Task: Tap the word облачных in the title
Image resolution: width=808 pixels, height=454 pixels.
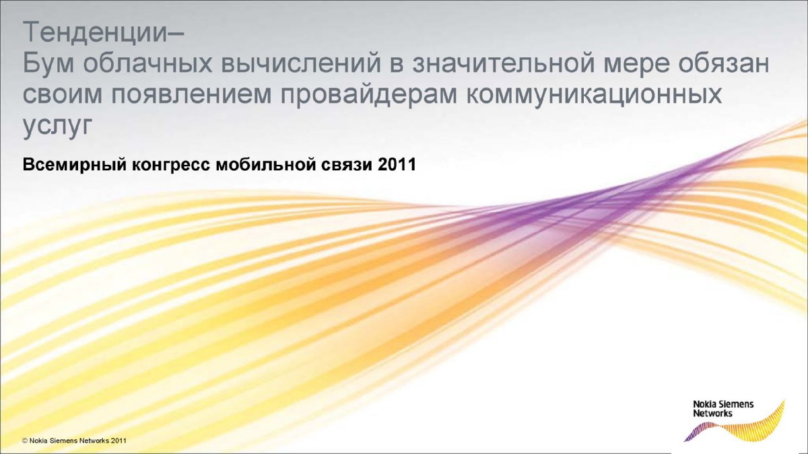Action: tap(147, 63)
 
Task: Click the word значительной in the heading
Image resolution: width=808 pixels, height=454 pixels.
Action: tap(504, 65)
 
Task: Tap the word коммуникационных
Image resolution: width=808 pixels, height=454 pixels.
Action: tap(594, 96)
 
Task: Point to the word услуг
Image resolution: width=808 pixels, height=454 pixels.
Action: tap(58, 127)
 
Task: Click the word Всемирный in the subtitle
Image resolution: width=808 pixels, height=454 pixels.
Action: tap(75, 165)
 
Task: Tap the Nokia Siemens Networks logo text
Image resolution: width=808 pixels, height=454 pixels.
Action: tap(723, 408)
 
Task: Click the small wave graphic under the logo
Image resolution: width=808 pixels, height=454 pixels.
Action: tap(734, 426)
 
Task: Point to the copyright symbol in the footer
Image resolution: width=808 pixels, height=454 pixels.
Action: tap(25, 441)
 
